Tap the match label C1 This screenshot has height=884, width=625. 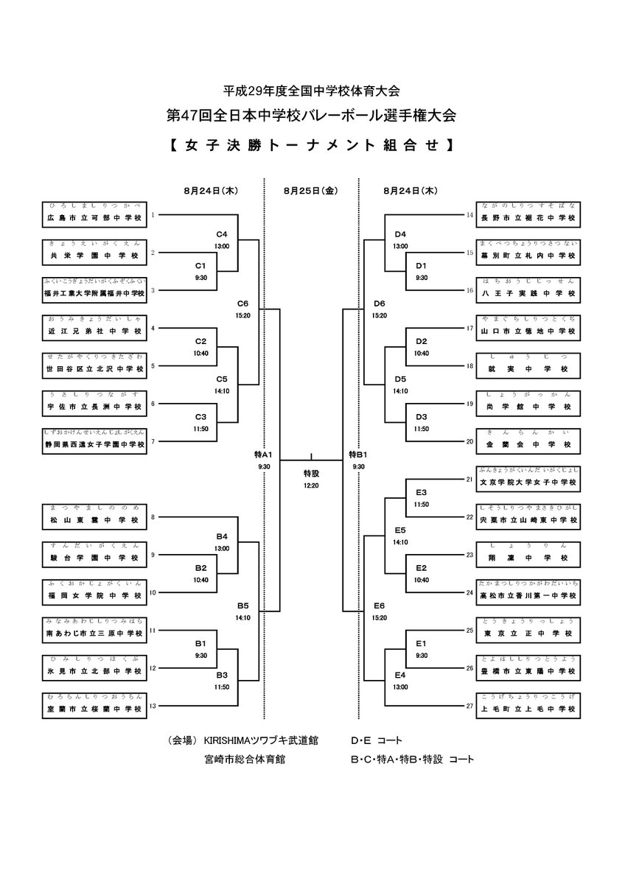pyautogui.click(x=200, y=264)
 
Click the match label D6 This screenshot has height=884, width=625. pyautogui.click(x=380, y=303)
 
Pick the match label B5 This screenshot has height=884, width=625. pyautogui.click(x=243, y=606)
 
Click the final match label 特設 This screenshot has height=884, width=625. pyautogui.click(x=311, y=472)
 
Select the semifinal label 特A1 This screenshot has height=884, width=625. pyautogui.click(x=264, y=455)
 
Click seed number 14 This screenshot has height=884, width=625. pyautogui.click(x=469, y=215)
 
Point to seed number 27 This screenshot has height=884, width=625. pyautogui.click(x=469, y=706)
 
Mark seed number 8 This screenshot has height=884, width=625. pyautogui.click(x=153, y=517)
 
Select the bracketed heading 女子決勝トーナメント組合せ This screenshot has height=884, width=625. pyautogui.click(x=311, y=144)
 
